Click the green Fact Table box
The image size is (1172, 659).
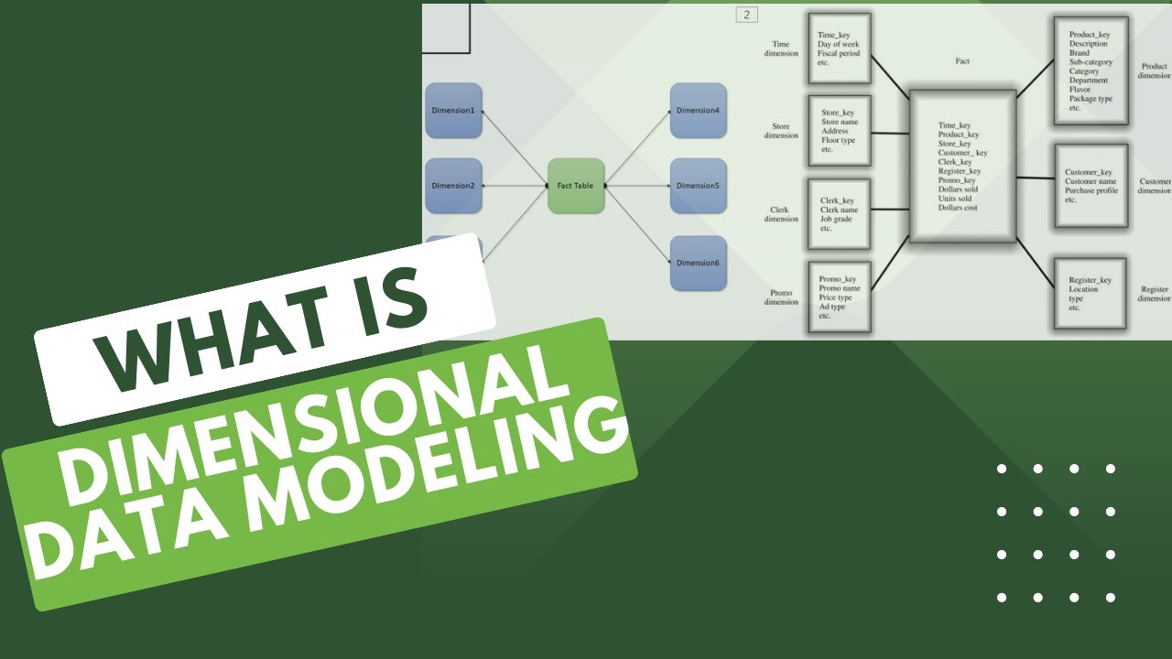click(x=576, y=186)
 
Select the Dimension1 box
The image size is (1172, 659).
click(x=453, y=111)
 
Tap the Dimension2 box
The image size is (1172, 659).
click(x=453, y=186)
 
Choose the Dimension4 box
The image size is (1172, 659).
click(x=698, y=111)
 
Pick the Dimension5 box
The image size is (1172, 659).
click(x=698, y=186)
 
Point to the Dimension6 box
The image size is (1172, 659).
click(x=698, y=263)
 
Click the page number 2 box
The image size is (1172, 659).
click(x=746, y=15)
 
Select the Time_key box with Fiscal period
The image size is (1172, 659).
click(x=839, y=48)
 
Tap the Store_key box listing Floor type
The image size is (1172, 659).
click(x=839, y=130)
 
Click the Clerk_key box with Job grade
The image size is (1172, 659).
click(x=839, y=214)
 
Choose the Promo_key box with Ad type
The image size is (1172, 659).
click(x=839, y=297)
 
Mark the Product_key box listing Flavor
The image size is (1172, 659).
click(x=1091, y=70)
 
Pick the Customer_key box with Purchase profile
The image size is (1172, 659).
click(x=1091, y=186)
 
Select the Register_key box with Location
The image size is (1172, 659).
click(x=1091, y=293)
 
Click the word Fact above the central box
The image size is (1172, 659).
click(x=962, y=61)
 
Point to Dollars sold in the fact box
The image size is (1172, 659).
click(x=958, y=189)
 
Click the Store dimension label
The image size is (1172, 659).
click(x=781, y=131)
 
